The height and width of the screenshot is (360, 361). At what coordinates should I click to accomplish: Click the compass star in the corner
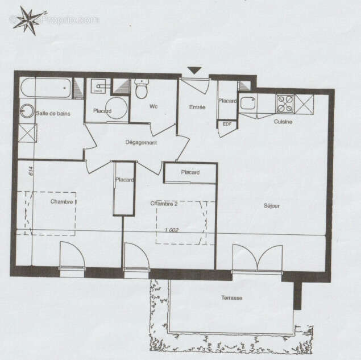(30, 20)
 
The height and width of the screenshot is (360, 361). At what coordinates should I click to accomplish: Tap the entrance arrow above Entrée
(194, 71)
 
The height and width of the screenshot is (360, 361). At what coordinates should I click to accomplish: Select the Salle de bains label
(53, 114)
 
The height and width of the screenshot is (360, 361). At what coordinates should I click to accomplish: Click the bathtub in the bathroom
(46, 88)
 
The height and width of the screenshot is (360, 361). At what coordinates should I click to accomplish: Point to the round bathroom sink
(27, 110)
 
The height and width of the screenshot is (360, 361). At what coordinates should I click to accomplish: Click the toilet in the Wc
(141, 89)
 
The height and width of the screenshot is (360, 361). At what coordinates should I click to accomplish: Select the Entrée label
(197, 107)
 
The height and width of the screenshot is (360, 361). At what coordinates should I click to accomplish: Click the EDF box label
(227, 124)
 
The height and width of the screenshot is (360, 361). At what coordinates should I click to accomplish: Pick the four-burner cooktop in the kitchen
(285, 103)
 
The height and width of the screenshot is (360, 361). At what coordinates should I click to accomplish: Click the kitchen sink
(248, 103)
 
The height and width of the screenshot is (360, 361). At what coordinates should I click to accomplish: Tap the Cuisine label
(283, 122)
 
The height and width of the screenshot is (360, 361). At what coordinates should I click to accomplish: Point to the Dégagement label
(141, 143)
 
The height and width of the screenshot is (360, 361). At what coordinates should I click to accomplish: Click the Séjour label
(272, 205)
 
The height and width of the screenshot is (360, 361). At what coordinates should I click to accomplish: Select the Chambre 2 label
(164, 203)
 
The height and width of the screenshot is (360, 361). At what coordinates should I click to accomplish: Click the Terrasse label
(232, 298)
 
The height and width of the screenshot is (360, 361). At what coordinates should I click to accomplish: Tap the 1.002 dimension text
(171, 230)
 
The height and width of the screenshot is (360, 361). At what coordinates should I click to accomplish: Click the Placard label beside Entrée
(227, 101)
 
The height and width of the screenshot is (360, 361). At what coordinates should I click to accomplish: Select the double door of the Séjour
(257, 259)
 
